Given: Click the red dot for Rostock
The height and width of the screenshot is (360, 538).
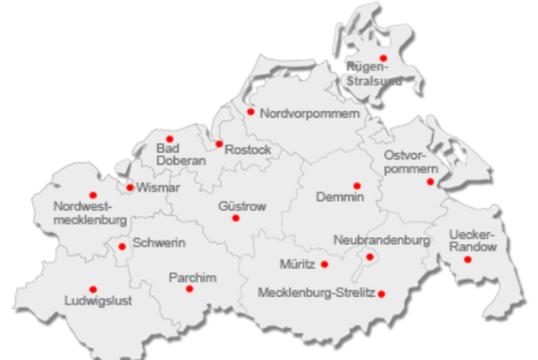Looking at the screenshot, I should (x=219, y=144).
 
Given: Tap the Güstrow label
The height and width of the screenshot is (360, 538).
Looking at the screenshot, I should (x=242, y=206).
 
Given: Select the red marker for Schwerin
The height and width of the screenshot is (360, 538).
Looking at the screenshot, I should (x=122, y=246).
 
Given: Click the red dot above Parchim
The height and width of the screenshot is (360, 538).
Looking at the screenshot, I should (x=189, y=289).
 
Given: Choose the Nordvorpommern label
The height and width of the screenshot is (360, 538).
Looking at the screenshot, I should (x=309, y=113).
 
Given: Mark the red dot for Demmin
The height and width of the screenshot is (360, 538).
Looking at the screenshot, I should (x=356, y=186).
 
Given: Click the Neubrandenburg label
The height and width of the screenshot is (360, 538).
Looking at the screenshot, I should (x=381, y=241).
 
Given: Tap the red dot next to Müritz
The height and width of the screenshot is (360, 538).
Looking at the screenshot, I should (x=324, y=264).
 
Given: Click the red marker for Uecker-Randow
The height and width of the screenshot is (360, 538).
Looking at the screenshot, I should (x=467, y=259).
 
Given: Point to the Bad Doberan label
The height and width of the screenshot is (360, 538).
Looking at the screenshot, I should (x=181, y=155).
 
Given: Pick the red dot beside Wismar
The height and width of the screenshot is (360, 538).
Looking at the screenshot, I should (x=129, y=187).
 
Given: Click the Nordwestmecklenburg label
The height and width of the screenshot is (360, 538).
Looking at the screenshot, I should (x=89, y=214).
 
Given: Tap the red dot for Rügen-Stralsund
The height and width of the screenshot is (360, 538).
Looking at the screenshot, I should (x=383, y=57).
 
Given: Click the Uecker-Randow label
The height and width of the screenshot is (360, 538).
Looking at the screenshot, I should (x=472, y=241).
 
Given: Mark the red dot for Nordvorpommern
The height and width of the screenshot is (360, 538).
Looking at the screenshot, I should (x=251, y=111).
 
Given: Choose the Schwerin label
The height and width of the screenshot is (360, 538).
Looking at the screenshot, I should (x=159, y=243).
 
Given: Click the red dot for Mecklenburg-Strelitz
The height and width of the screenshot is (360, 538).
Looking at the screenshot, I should (x=382, y=294).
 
